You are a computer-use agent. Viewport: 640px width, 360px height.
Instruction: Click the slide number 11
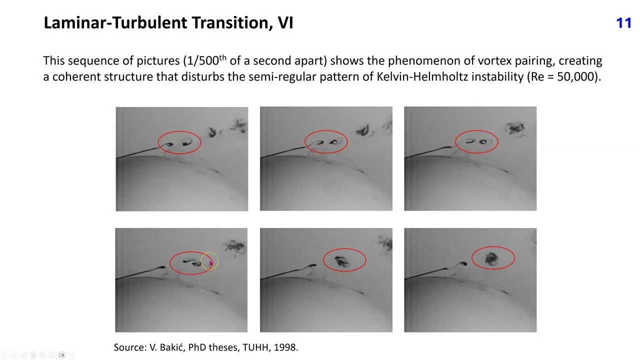(x=623, y=23)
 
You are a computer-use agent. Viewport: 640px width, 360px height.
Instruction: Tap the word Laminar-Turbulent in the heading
(x=115, y=23)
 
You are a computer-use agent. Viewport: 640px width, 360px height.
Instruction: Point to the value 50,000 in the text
(x=576, y=76)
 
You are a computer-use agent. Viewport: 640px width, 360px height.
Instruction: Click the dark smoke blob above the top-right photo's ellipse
(x=514, y=128)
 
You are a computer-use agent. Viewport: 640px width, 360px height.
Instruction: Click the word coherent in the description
(x=77, y=76)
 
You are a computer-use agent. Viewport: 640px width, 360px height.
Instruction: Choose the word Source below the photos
(x=129, y=347)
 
